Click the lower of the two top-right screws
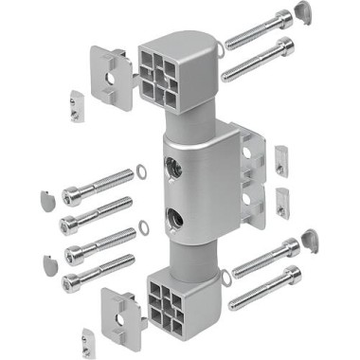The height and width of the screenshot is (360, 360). (x=258, y=59)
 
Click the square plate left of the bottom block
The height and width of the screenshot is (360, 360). (x=122, y=304)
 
